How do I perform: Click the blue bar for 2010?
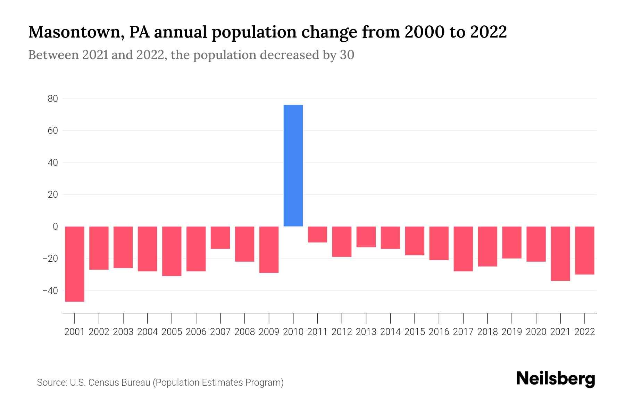click(293, 165)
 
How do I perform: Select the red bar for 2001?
click(75, 264)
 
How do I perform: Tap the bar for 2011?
click(317, 234)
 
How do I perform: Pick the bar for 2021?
click(560, 253)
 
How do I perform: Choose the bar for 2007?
click(220, 237)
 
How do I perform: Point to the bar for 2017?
click(463, 248)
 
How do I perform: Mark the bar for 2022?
click(584, 250)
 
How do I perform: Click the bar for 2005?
click(172, 251)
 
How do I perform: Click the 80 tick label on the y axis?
click(53, 99)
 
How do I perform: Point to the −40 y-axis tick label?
click(50, 291)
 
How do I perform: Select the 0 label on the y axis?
click(55, 227)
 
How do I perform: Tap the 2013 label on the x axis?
click(366, 332)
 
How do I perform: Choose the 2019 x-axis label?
click(511, 332)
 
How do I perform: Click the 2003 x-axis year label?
click(123, 332)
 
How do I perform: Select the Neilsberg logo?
click(556, 379)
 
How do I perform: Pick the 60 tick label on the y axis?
click(53, 131)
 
